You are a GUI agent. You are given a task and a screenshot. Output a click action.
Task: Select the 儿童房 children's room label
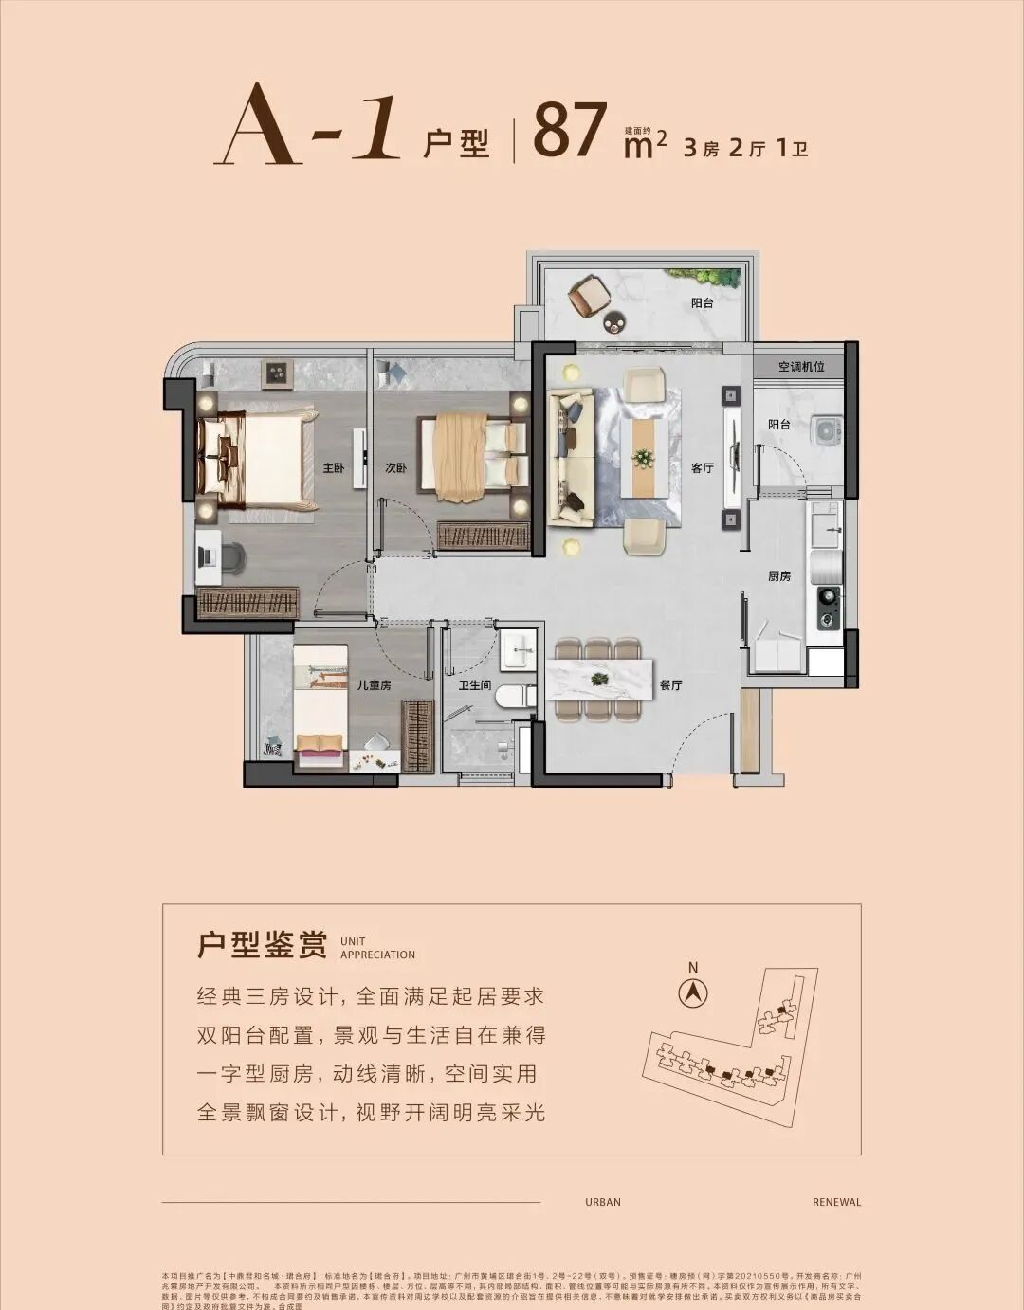pos(375,684)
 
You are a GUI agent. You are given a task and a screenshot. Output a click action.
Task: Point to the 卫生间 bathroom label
pos(474,685)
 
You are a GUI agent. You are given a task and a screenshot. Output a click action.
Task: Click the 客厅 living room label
pos(702,468)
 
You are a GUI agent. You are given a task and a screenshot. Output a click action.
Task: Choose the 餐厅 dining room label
pos(670,684)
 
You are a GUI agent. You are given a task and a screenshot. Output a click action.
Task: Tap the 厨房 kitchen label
pos(779,575)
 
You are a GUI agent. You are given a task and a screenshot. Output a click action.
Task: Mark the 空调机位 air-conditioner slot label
pos(801,366)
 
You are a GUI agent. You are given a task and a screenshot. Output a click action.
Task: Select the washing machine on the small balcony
pos(828,430)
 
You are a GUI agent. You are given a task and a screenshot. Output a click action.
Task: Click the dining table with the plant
pos(599,679)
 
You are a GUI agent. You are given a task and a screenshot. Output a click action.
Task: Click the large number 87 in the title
pos(570,131)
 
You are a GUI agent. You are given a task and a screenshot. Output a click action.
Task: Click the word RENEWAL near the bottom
pos(836,1202)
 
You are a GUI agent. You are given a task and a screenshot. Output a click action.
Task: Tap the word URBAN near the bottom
pos(603,1202)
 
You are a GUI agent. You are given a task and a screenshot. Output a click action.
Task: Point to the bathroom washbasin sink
pos(518,649)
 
